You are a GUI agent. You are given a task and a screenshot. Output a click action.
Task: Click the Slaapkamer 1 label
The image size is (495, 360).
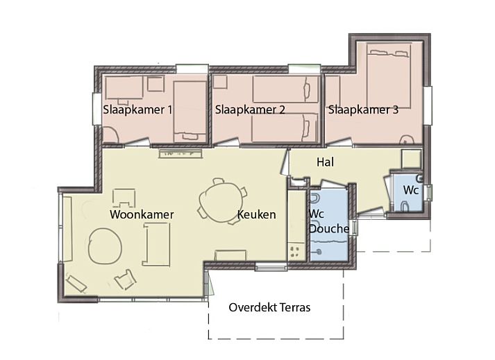(x=137, y=110)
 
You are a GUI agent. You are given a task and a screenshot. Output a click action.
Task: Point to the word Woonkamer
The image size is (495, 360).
(x=142, y=214)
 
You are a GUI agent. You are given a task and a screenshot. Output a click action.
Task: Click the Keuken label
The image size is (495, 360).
(x=256, y=214)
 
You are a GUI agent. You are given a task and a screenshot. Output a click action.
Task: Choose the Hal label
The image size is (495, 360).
(x=326, y=162)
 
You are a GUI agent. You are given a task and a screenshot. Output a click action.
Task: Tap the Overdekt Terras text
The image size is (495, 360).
(x=269, y=307)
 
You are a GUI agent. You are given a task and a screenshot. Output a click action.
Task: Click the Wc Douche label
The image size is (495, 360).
(x=329, y=221)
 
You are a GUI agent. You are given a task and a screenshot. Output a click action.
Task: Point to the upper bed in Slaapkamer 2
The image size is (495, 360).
(x=285, y=89)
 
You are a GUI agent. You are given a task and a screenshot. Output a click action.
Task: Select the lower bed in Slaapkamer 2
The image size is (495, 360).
(x=285, y=128)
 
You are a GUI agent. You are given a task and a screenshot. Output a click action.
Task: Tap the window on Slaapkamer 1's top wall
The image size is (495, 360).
(x=192, y=69)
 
